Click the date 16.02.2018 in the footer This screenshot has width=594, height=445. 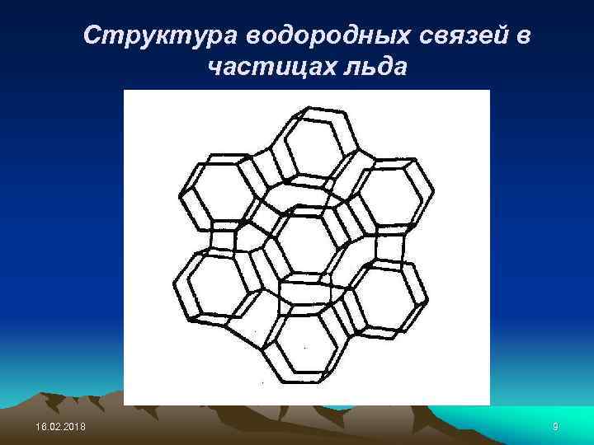[53, 425]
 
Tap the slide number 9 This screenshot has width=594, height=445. [556, 425]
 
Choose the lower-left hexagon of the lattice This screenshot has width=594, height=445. [216, 284]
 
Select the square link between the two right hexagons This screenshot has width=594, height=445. [391, 245]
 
